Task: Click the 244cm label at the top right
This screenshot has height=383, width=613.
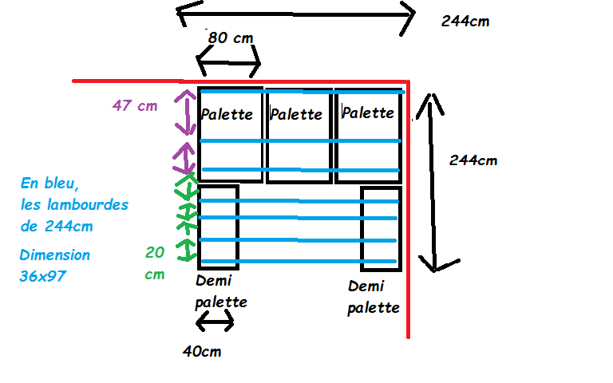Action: click(x=465, y=22)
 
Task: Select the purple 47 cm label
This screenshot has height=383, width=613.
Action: click(x=135, y=105)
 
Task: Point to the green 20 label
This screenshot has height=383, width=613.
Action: click(x=155, y=252)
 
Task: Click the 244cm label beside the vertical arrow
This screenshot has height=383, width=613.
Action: click(x=473, y=160)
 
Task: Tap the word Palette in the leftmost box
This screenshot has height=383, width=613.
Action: click(x=227, y=113)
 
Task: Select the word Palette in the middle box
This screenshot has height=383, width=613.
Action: click(x=296, y=113)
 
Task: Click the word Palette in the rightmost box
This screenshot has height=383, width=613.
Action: click(x=367, y=113)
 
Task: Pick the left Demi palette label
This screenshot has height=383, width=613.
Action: click(x=221, y=291)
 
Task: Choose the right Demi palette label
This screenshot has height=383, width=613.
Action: click(x=374, y=296)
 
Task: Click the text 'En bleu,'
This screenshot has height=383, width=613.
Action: click(x=49, y=184)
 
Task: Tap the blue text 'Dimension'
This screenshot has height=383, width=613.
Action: click(x=55, y=255)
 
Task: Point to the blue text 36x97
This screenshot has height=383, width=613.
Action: click(x=44, y=276)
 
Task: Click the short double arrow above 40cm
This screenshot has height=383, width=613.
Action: click(x=216, y=321)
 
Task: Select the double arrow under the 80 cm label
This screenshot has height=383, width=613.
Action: click(x=228, y=63)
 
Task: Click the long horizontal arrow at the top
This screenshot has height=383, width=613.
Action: click(x=295, y=14)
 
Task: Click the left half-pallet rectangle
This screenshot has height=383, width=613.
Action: click(x=218, y=227)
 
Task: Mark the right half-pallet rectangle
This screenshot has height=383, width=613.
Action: click(x=380, y=227)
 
